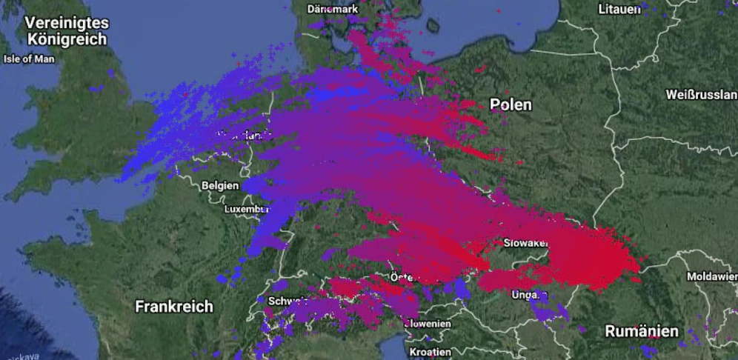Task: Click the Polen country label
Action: tap(511, 104)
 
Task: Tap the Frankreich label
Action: tap(174, 306)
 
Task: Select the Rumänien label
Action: tap(642, 330)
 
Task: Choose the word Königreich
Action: tap(67, 39)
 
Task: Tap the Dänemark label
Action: tap(333, 9)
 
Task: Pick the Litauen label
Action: tap(619, 9)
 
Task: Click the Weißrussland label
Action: tap(701, 95)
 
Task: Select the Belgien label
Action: tap(219, 185)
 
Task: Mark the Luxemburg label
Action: tap(246, 210)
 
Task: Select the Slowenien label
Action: tap(428, 324)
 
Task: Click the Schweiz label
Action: tap(287, 301)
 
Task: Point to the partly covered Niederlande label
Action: tap(241, 136)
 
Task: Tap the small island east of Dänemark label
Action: tap(433, 26)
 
